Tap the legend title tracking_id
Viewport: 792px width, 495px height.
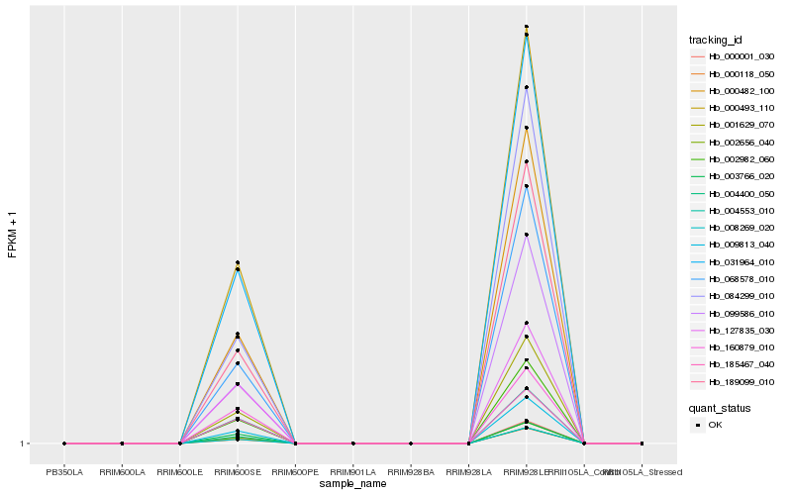tap(716, 40)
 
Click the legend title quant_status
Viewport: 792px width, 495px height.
tap(720, 407)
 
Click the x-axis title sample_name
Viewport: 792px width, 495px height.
tap(352, 484)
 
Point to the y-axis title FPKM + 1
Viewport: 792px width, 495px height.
tap(13, 234)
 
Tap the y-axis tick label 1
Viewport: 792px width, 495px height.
tap(25, 444)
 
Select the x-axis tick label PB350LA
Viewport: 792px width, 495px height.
tap(64, 472)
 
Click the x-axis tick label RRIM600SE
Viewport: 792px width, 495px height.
tap(238, 472)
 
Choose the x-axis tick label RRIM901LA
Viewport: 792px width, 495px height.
tap(353, 472)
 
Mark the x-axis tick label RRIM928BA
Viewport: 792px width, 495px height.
tap(411, 472)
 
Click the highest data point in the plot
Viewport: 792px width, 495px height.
tap(527, 27)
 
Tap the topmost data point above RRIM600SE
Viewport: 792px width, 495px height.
tap(238, 262)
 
